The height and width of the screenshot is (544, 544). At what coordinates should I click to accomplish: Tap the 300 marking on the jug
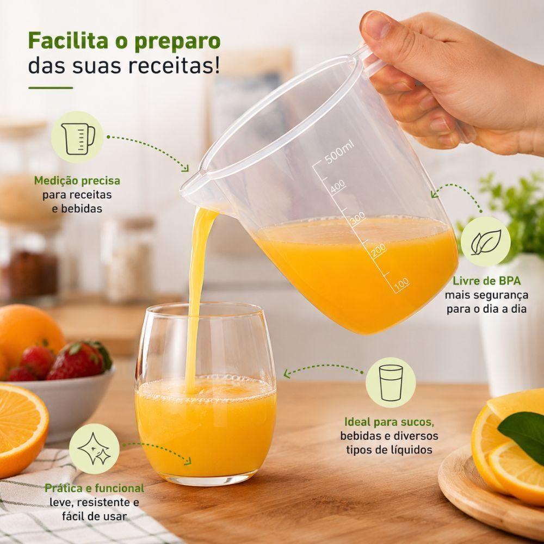pyautogui.click(x=357, y=219)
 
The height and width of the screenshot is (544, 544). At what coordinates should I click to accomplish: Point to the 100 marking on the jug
pyautogui.click(x=402, y=284)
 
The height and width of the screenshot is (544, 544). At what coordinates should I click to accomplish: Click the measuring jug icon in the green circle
pyautogui.click(x=78, y=138)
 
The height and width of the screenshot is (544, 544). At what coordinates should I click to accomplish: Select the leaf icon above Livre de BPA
pyautogui.click(x=486, y=242)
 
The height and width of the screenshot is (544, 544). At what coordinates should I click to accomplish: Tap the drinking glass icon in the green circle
pyautogui.click(x=391, y=382)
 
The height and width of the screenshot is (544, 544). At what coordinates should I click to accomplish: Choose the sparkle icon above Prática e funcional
pyautogui.click(x=94, y=449)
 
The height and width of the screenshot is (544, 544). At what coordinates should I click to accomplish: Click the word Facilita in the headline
pyautogui.click(x=68, y=41)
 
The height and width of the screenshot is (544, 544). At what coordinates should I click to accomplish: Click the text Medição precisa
pyautogui.click(x=77, y=181)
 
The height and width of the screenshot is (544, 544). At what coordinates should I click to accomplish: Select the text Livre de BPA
pyautogui.click(x=487, y=281)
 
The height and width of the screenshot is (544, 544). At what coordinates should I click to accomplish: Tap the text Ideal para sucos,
pyautogui.click(x=390, y=422)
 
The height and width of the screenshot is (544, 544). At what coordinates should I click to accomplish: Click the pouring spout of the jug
pyautogui.click(x=190, y=187)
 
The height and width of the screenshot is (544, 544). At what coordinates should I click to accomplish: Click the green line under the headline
pyautogui.click(x=51, y=88)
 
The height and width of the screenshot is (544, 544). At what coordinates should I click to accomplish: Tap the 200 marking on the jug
pyautogui.click(x=379, y=250)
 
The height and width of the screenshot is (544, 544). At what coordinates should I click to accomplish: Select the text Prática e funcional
pyautogui.click(x=94, y=488)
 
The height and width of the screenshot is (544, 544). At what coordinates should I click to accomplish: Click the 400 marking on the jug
pyautogui.click(x=338, y=187)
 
